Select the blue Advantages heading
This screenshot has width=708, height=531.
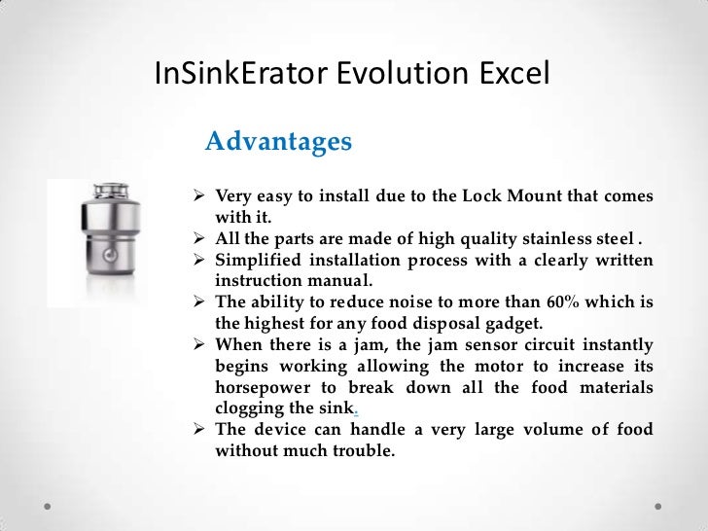coord(278,142)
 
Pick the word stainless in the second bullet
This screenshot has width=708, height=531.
coord(548,237)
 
